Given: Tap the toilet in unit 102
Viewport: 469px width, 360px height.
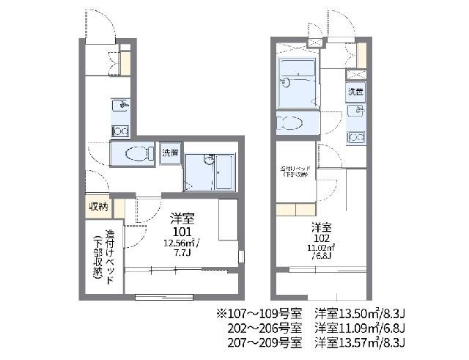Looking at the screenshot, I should point(290,122).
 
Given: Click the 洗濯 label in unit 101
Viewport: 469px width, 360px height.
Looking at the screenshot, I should point(170,153).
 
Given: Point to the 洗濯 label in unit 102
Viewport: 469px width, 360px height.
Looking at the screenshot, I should point(355,92).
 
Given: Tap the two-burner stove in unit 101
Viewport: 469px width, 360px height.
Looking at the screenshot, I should point(120,131).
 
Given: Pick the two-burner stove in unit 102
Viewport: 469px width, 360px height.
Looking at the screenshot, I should point(355,136).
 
